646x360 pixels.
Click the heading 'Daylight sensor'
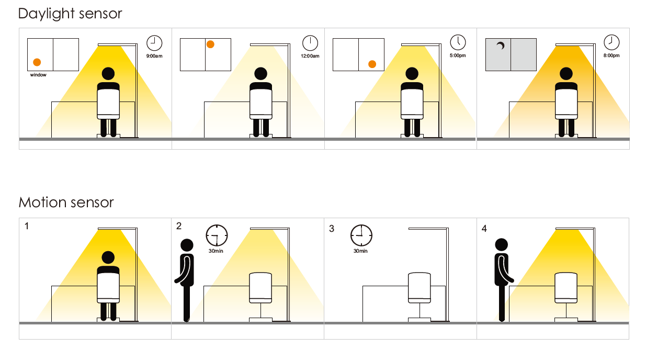coord(70,13)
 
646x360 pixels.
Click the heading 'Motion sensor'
coord(66,202)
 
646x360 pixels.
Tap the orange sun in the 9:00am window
coord(37,62)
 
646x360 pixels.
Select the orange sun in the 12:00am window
coord(210,44)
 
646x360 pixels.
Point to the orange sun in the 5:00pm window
coord(372,64)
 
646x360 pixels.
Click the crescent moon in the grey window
coord(501,47)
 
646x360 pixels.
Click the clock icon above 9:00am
coord(154,42)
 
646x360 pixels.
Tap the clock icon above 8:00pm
coord(611,42)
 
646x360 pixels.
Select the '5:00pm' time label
coord(458,55)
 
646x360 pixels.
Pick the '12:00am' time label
coord(310,56)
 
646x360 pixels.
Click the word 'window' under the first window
coord(38,75)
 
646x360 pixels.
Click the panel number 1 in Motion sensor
coord(26,226)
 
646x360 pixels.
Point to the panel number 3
coord(332,229)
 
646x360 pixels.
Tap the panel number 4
coord(484,229)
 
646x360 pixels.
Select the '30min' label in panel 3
coord(360,251)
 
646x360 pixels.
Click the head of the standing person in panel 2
coord(186,245)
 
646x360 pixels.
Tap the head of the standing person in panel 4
coord(502,244)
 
